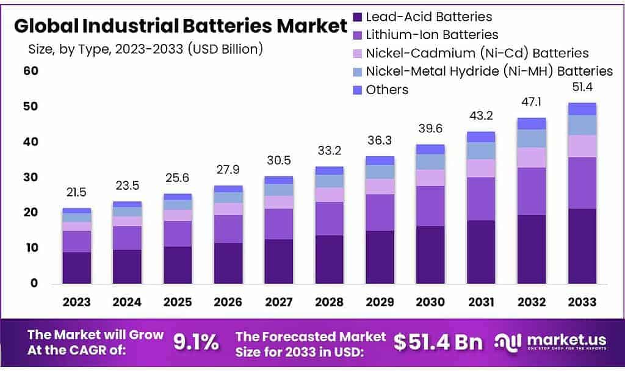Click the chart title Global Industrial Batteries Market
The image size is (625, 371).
pyautogui.click(x=181, y=26)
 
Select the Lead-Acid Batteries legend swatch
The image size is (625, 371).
pyautogui.click(x=358, y=17)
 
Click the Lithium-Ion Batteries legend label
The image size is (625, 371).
pyautogui.click(x=432, y=35)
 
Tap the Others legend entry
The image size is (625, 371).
pyautogui.click(x=387, y=90)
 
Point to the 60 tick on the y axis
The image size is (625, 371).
pyautogui.click(x=31, y=71)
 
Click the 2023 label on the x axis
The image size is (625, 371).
pyautogui.click(x=77, y=302)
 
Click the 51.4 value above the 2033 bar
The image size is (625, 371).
pyautogui.click(x=582, y=89)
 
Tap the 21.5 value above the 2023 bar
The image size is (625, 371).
pyautogui.click(x=77, y=192)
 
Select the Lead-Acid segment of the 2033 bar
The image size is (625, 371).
pyautogui.click(x=582, y=246)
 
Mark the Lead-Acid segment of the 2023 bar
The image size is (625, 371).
pyautogui.click(x=77, y=267)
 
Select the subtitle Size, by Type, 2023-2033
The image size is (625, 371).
pyautogui.click(x=145, y=49)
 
